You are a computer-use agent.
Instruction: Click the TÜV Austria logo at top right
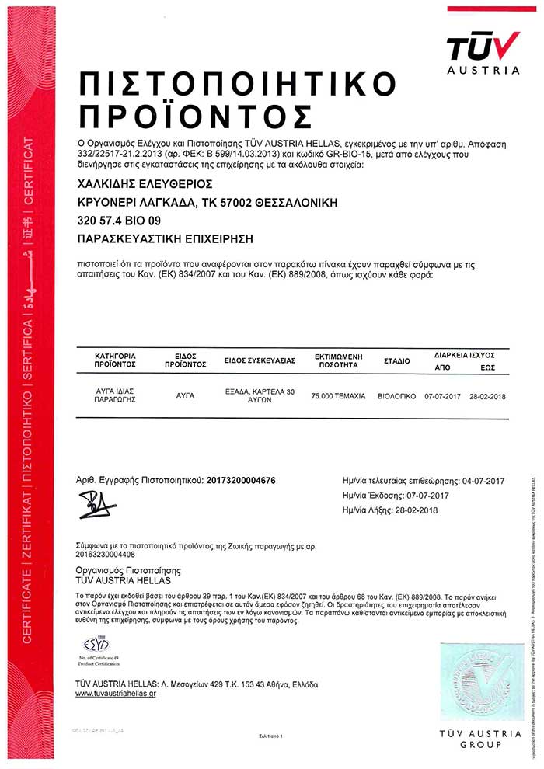(483, 51)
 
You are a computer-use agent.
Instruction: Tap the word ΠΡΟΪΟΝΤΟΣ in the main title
(195, 115)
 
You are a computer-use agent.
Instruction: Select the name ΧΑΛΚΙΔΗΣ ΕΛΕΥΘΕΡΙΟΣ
(145, 184)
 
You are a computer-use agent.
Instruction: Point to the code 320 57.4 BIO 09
(120, 221)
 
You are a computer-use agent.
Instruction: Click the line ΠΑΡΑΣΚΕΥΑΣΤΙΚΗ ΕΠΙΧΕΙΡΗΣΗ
(166, 238)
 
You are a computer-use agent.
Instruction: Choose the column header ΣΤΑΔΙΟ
(397, 362)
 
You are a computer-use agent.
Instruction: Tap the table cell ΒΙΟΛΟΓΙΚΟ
(397, 396)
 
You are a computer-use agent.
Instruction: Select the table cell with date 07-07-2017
(443, 396)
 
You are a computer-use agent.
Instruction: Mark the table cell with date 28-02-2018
(488, 396)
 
